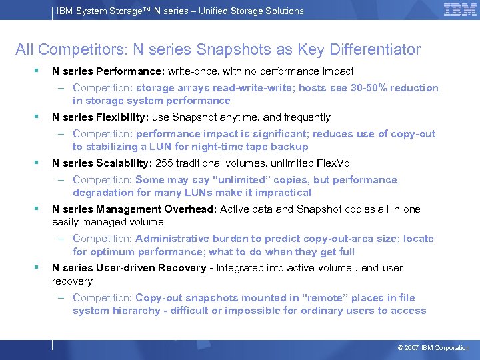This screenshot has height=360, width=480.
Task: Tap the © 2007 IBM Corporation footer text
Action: click(x=433, y=348)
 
